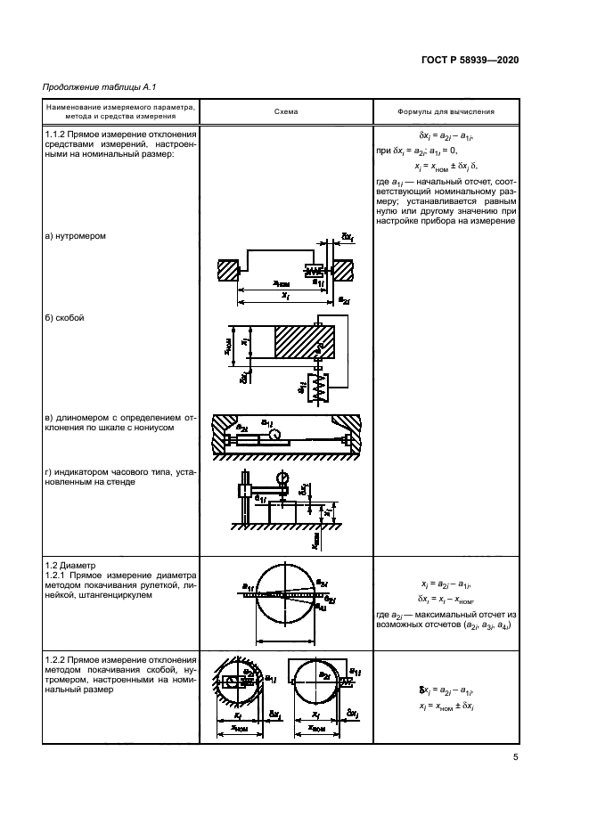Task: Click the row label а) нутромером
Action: click(x=76, y=236)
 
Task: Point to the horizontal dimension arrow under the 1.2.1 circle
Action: click(x=286, y=639)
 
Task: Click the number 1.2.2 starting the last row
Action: click(x=56, y=657)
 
